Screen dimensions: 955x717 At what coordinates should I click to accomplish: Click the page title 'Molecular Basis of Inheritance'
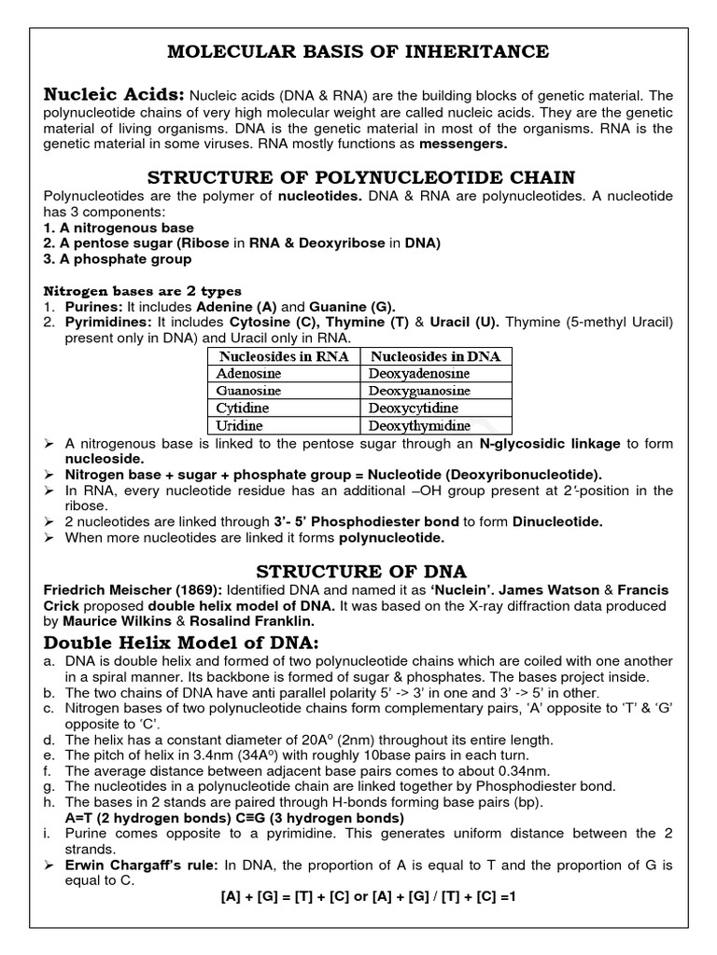pos(358,50)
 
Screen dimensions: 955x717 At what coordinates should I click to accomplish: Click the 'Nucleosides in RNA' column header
pos(283,356)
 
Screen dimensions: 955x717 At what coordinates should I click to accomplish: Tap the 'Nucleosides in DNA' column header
pos(435,356)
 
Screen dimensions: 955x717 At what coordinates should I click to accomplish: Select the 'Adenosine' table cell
pos(248,373)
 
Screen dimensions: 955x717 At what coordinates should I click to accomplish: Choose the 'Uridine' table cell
pos(239,425)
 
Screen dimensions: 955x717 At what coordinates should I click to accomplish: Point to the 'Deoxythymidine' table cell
pos(421,425)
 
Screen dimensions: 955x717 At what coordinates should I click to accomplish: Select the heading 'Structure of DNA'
pos(358,572)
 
